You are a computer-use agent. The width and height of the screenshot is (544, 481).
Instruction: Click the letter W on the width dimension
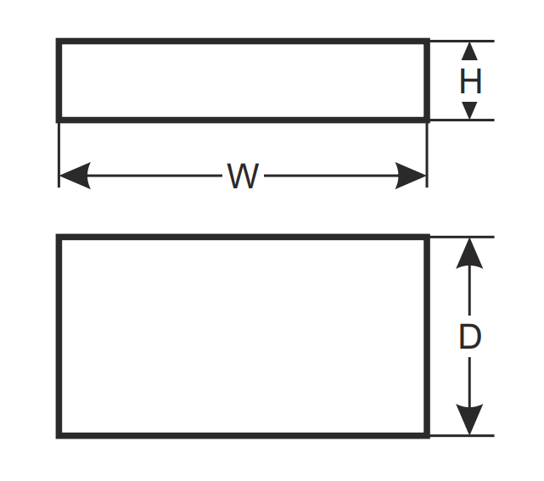(x=243, y=176)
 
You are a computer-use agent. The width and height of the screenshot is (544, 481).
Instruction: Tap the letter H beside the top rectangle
(x=470, y=81)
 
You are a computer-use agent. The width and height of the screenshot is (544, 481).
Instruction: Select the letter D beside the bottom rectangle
(x=470, y=337)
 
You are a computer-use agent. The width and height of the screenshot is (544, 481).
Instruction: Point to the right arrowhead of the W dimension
(x=412, y=176)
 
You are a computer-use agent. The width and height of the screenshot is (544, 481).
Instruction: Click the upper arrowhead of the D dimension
(x=470, y=251)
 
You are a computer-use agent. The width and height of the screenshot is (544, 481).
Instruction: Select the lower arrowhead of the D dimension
(x=470, y=422)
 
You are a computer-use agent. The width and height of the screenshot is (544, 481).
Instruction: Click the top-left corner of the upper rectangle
(x=59, y=41)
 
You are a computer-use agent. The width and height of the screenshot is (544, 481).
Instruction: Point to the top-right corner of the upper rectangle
(x=427, y=41)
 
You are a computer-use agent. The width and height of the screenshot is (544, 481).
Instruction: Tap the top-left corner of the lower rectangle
(x=59, y=238)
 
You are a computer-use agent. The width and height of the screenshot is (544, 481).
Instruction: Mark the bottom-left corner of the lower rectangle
(x=59, y=436)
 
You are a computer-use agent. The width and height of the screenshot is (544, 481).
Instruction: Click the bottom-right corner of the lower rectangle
(x=427, y=436)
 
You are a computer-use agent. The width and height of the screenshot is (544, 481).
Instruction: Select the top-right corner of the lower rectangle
(x=427, y=238)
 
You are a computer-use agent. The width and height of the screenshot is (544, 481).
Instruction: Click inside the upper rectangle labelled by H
(x=243, y=81)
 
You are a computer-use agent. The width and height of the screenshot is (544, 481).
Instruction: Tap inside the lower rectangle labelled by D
(x=243, y=337)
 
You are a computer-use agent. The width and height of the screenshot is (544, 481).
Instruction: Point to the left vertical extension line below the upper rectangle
(x=59, y=153)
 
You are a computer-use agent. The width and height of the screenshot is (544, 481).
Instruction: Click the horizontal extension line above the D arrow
(x=463, y=237)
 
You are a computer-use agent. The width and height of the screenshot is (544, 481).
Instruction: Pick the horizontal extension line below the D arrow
(x=463, y=436)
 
